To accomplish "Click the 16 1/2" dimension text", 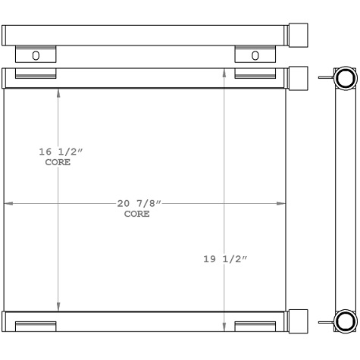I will (x=61, y=153).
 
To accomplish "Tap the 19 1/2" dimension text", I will (x=226, y=259).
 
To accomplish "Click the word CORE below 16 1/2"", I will (x=58, y=163).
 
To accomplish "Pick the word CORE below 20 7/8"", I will (x=136, y=214).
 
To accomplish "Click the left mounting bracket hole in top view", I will (x=36, y=55).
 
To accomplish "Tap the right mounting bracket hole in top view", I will (x=255, y=55).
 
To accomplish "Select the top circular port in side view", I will (x=345, y=79).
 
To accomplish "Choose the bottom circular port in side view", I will (x=345, y=321).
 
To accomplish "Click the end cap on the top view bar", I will (x=299, y=35).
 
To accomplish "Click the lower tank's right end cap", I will (x=299, y=321).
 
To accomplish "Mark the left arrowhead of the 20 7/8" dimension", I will (x=8, y=203).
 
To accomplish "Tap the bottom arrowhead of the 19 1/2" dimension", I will (x=224, y=327).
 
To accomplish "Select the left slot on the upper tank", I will (x=36, y=74).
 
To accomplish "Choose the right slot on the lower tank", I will (x=254, y=326).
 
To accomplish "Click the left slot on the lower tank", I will (x=36, y=326).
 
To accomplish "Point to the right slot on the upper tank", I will (x=254, y=74).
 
